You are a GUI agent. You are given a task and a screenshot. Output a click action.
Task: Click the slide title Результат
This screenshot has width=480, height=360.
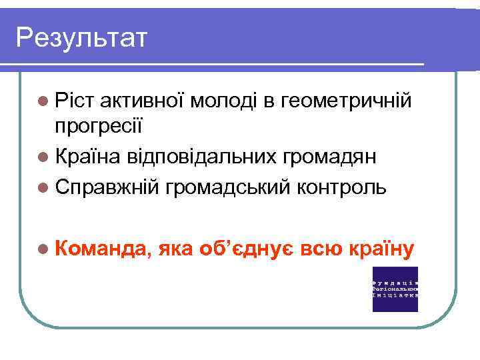tap(81, 38)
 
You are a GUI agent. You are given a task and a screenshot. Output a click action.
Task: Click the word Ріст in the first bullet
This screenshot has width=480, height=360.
tap(75, 101)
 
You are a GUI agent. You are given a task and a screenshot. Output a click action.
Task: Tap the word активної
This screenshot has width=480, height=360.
tap(142, 101)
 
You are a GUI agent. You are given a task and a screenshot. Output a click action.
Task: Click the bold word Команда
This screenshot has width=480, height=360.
tap(102, 249)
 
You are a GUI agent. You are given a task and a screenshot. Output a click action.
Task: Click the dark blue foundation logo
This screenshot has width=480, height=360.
tap(395, 289)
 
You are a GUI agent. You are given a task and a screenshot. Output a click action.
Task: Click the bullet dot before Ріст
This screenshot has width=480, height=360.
tap(43, 101)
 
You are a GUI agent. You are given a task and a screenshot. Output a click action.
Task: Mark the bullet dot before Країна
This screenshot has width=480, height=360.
tap(43, 157)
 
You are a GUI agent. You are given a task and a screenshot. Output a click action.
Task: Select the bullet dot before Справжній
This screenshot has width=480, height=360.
tap(43, 187)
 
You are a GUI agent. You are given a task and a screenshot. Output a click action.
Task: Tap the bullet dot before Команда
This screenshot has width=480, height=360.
tap(43, 249)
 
